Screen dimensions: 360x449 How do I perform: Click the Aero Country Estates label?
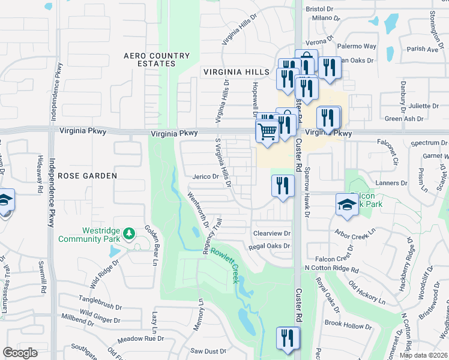pyautogui.click(x=157, y=59)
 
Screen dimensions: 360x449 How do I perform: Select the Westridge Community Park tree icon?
pyautogui.click(x=128, y=233)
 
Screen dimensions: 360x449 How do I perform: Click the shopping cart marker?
pyautogui.click(x=267, y=131)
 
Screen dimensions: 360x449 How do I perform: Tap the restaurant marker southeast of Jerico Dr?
pyautogui.click(x=283, y=185)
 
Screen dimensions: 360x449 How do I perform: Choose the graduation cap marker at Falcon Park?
pyautogui.click(x=347, y=205)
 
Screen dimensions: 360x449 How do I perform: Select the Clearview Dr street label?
pyautogui.click(x=271, y=233)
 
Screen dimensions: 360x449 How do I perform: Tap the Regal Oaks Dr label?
pyautogui.click(x=270, y=246)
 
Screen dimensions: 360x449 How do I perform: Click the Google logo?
pyautogui.click(x=20, y=353)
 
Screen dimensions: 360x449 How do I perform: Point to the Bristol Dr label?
pyautogui.click(x=319, y=9)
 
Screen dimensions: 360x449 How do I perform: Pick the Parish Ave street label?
pyautogui.click(x=423, y=49)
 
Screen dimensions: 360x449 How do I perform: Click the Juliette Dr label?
pyautogui.click(x=424, y=105)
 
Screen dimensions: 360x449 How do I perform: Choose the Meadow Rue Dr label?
pyautogui.click(x=141, y=338)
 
